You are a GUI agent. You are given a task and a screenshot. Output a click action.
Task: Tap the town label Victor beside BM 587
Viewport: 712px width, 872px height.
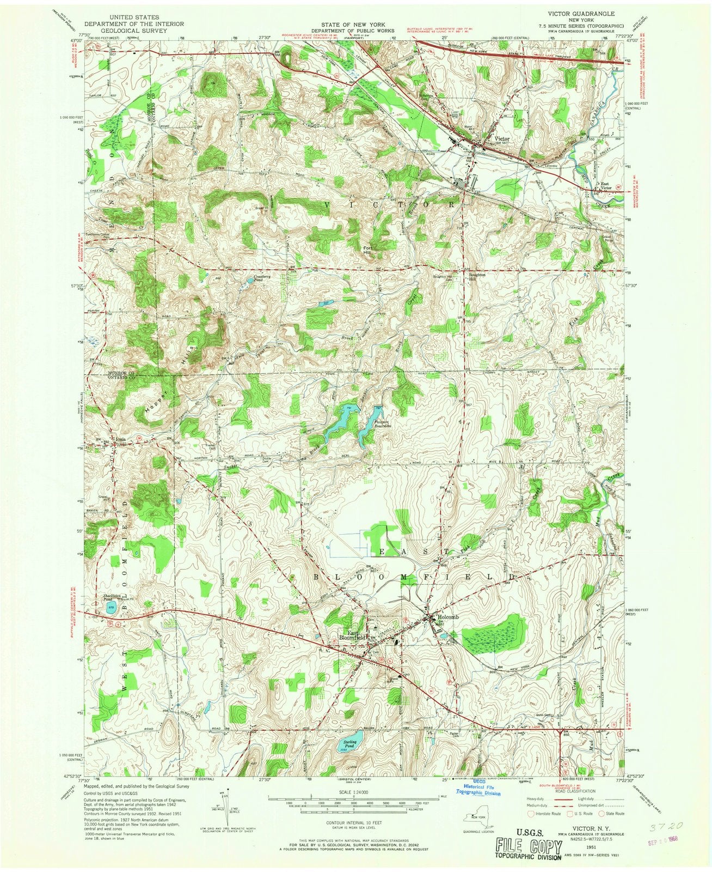(x=502, y=139)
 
